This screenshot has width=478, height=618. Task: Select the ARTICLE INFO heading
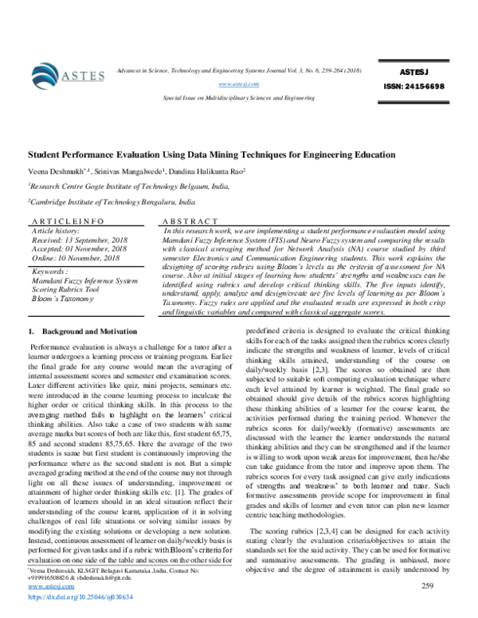[63, 221]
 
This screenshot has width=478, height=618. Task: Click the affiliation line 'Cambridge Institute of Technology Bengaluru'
[112, 204]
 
